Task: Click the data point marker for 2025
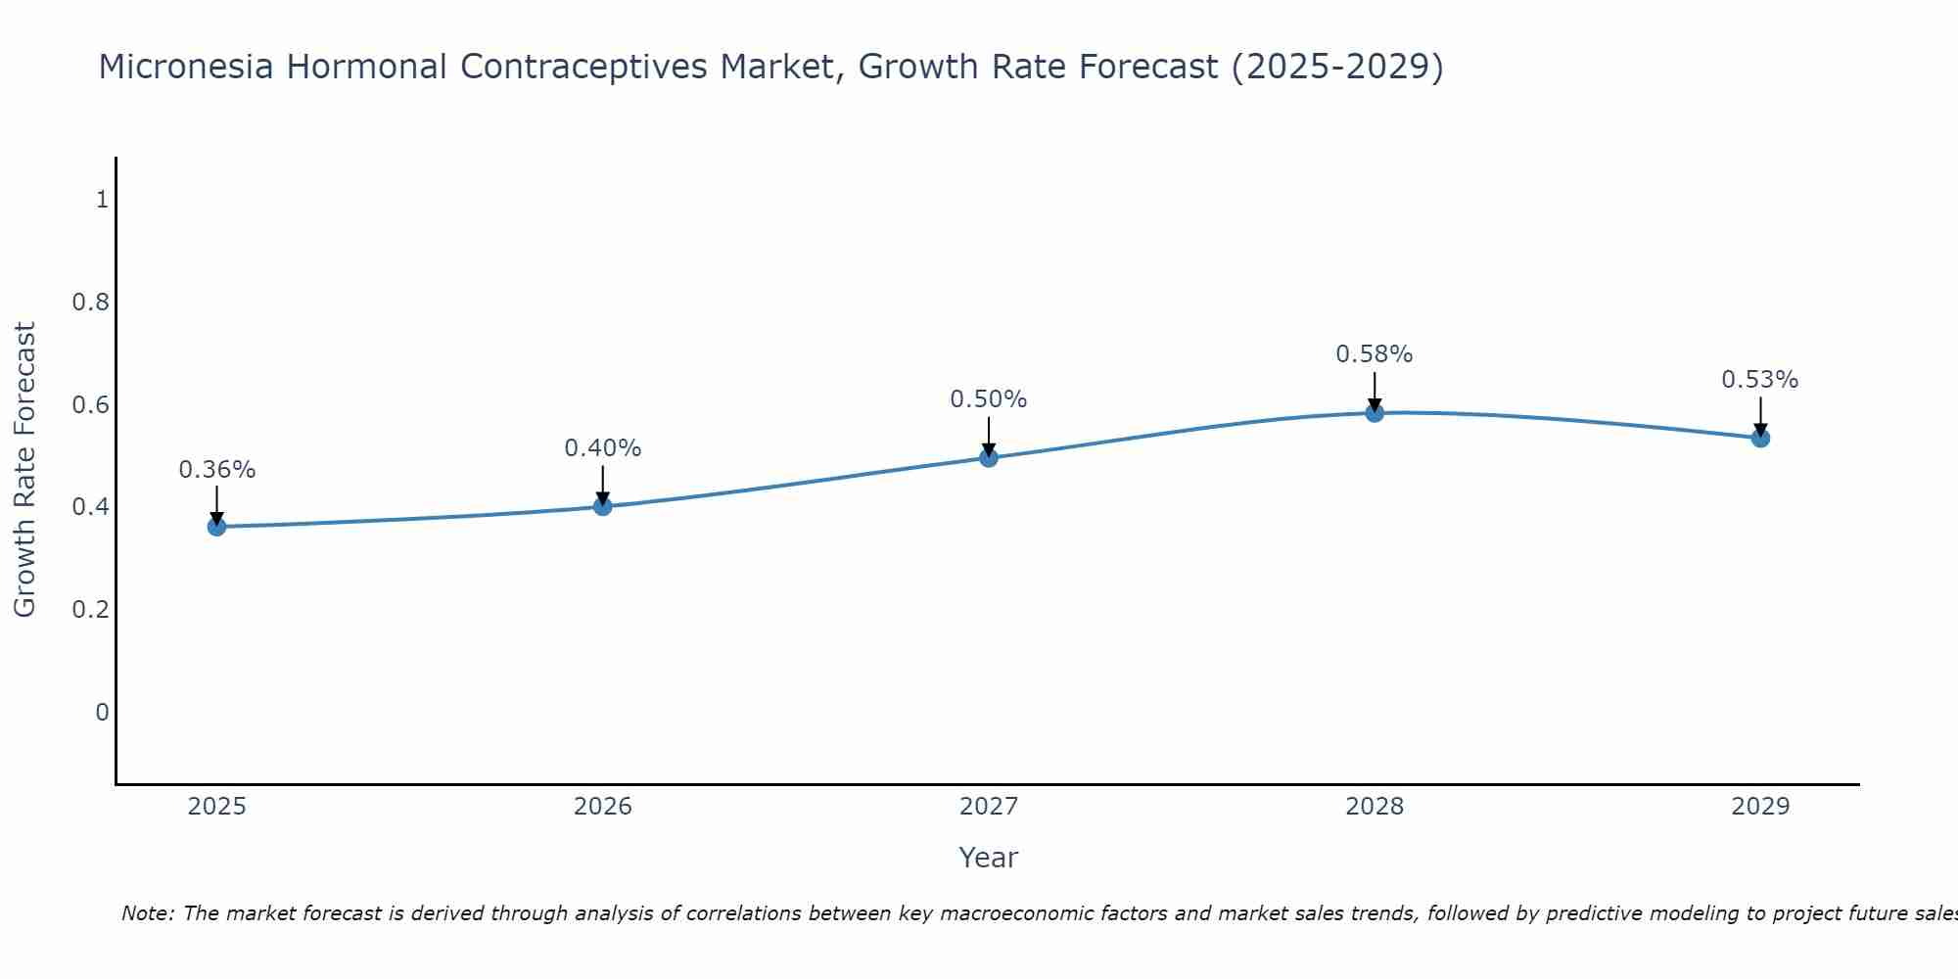click(x=216, y=527)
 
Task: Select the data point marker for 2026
click(x=603, y=506)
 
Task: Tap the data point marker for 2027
click(x=989, y=457)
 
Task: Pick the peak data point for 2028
click(x=1375, y=413)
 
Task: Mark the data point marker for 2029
click(x=1760, y=438)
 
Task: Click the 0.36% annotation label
click(x=216, y=470)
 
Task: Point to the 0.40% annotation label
click(x=603, y=448)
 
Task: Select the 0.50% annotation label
click(x=989, y=399)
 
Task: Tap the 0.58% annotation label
click(x=1375, y=354)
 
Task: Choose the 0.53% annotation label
click(x=1760, y=380)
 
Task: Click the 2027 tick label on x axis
click(x=989, y=807)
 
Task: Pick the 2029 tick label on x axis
click(x=1760, y=807)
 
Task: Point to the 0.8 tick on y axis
click(x=91, y=302)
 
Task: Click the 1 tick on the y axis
click(x=102, y=200)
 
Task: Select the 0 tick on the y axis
click(x=102, y=712)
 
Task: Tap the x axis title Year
click(x=989, y=858)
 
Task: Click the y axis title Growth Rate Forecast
click(x=24, y=470)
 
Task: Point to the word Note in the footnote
click(x=147, y=913)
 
